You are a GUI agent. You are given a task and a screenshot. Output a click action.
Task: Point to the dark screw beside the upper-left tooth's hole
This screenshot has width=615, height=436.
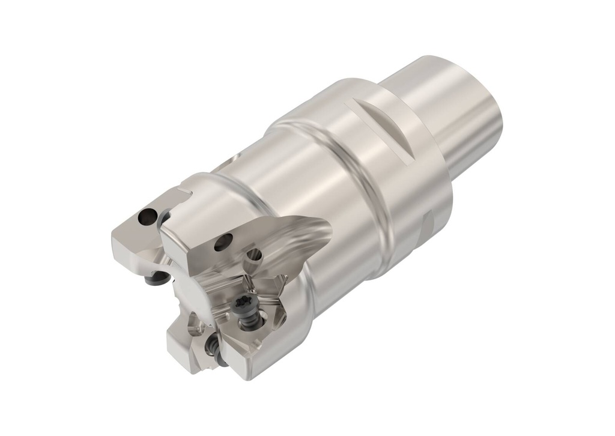(x=163, y=217)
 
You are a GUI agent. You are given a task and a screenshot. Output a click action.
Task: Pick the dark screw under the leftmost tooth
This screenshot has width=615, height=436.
(x=158, y=277)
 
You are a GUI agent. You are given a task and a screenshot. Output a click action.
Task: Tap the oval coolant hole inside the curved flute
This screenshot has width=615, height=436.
(x=254, y=253)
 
